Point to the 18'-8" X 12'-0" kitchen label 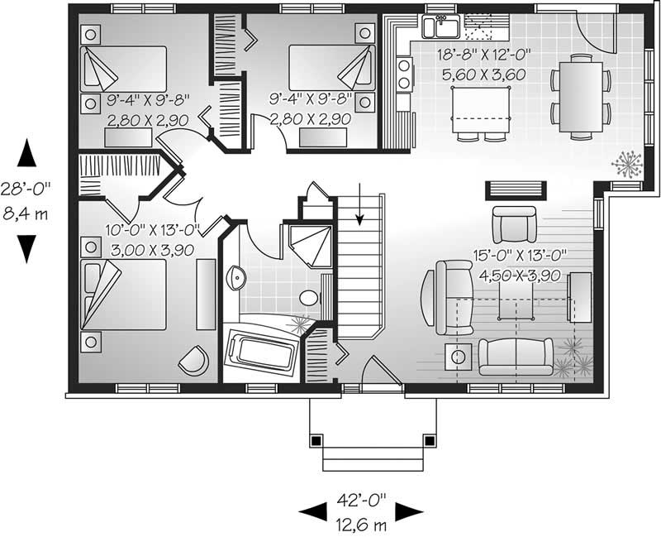[x=483, y=56]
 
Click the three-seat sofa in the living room [x=514, y=356]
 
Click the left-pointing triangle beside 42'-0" [x=309, y=511]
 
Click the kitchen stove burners [x=404, y=72]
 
